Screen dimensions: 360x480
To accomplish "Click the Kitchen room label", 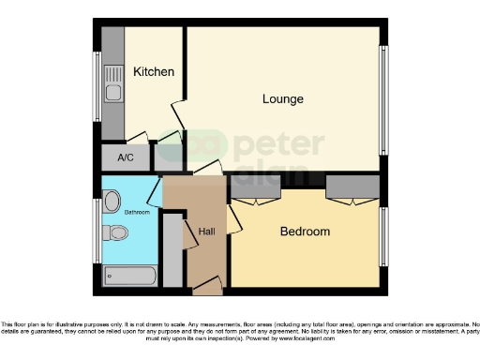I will (153, 72).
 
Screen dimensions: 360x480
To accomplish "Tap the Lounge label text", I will (282, 98).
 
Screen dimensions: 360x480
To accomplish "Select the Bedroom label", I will (305, 232).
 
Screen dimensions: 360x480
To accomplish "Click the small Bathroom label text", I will (138, 212).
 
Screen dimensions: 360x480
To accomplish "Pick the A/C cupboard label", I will (126, 157).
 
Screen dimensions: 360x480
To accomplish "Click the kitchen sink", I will (112, 91).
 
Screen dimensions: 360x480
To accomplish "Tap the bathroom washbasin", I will (112, 201).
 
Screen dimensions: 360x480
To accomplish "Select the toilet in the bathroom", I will (115, 237).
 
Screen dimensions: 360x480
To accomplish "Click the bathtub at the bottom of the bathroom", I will (130, 276).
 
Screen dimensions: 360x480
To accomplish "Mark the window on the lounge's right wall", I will (382, 98).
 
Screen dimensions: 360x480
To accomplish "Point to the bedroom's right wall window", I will (382, 236).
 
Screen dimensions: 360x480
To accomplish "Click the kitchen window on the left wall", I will (97, 86).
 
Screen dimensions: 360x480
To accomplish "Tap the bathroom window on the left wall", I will (97, 230).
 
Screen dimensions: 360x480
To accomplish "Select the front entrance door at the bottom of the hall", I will (208, 283).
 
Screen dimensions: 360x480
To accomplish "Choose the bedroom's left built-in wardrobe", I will (255, 188).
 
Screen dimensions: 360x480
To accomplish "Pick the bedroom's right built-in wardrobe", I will (352, 188).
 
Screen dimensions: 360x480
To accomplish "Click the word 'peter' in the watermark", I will (278, 144).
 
